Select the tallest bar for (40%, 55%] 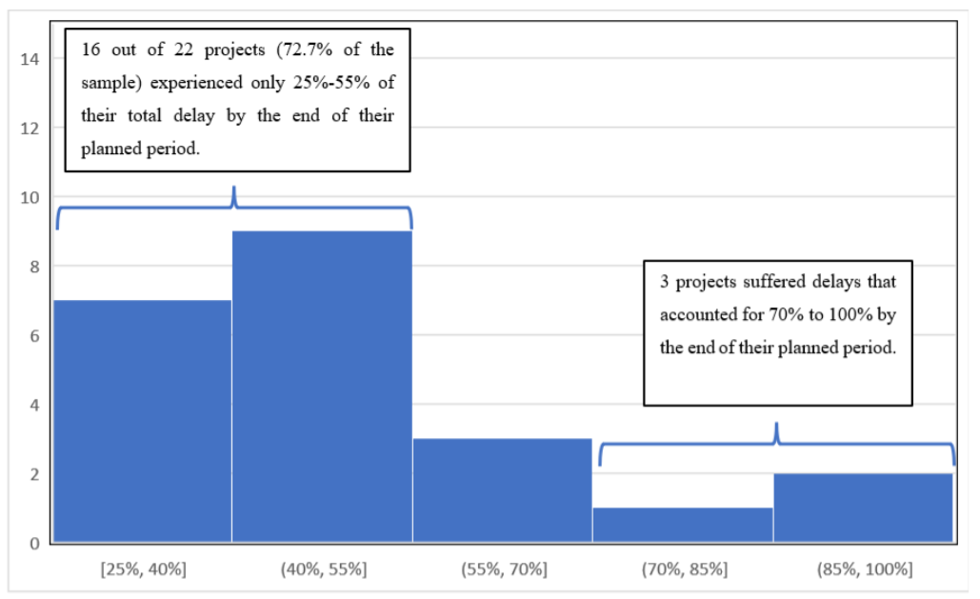[322, 387]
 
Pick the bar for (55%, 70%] [502, 490]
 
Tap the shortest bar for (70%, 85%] [682, 525]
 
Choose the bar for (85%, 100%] [863, 508]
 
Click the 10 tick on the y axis [30, 197]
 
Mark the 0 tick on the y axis [33, 544]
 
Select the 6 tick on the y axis [33, 336]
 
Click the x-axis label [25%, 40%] [142, 569]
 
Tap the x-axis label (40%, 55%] [322, 569]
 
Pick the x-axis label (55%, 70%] [502, 569]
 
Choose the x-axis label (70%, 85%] [682, 569]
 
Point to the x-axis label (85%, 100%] [863, 569]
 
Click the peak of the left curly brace [233, 189]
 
